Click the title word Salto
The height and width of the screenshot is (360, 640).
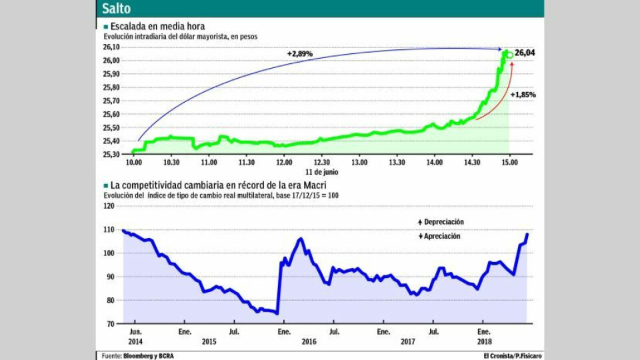(116, 9)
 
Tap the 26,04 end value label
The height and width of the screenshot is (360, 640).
(525, 53)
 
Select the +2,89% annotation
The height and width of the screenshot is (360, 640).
(299, 53)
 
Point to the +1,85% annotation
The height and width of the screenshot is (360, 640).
(523, 95)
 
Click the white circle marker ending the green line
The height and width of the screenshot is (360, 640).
(510, 54)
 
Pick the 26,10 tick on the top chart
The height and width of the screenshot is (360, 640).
(111, 47)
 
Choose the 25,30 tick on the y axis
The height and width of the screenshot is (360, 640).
(111, 154)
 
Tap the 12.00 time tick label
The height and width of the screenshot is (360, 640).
(284, 162)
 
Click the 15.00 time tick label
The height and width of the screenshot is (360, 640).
(509, 162)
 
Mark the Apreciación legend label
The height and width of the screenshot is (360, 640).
(441, 236)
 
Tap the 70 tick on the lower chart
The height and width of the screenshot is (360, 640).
(110, 323)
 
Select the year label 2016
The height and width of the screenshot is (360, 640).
(308, 341)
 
